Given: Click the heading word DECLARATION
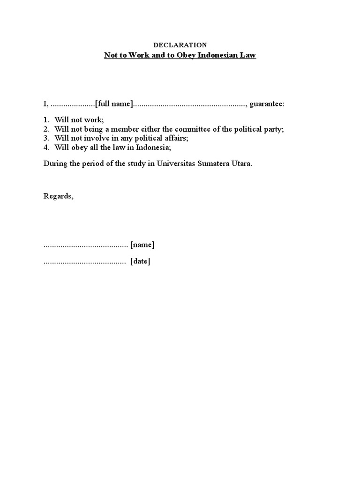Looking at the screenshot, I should coord(180,45).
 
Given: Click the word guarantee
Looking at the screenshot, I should coord(266,104).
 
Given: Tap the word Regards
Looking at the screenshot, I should coord(58,196).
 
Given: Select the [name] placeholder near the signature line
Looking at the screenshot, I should coord(142,245).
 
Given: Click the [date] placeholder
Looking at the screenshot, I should coord(140,262).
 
